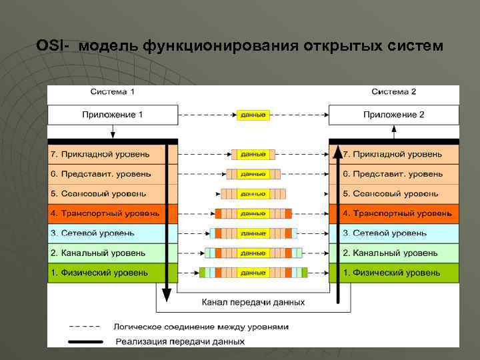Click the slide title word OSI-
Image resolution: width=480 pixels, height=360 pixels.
click(x=53, y=46)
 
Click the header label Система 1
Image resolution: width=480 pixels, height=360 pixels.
click(x=112, y=91)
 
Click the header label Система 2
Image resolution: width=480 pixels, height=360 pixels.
click(x=393, y=91)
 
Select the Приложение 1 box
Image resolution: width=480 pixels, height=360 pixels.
click(x=112, y=115)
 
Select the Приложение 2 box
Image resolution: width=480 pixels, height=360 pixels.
click(x=393, y=115)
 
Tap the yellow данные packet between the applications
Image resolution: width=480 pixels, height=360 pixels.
click(x=253, y=115)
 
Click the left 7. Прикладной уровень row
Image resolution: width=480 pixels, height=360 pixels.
click(x=100, y=155)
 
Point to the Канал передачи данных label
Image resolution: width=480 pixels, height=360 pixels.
click(x=253, y=302)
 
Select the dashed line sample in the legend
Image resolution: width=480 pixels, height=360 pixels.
click(x=85, y=327)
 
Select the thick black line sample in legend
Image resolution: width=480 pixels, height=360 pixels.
click(x=85, y=341)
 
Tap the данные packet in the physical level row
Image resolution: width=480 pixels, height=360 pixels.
click(x=253, y=273)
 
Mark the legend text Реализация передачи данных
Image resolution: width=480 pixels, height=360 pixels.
click(x=180, y=341)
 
